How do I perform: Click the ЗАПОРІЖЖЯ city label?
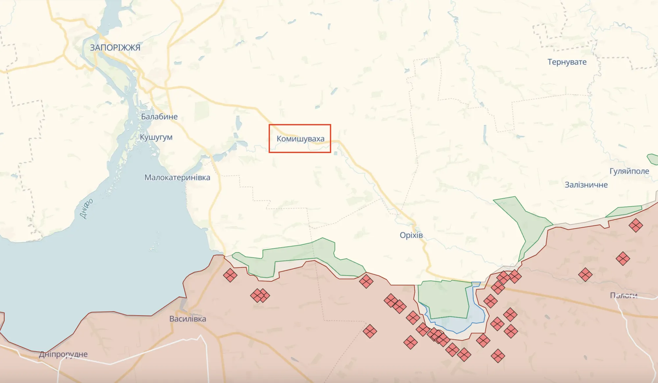coord(115,48)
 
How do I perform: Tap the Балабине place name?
coord(159,117)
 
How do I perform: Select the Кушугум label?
coord(156,137)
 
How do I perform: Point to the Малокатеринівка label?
coord(177,178)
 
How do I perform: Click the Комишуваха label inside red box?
coord(300,139)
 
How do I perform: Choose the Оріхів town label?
coord(411,235)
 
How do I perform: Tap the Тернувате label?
coord(567,62)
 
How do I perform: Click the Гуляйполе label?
coord(629,171)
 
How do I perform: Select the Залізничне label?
coord(586,185)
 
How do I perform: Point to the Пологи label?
coord(623,295)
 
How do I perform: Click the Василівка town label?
coord(188,319)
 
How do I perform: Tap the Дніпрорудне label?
coord(63,354)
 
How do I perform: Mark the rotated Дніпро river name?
coord(86,209)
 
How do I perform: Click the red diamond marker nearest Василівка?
coord(230,275)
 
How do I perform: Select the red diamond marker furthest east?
coord(636,225)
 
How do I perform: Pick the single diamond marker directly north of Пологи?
coord(623,259)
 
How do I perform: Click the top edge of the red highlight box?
coord(300,125)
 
